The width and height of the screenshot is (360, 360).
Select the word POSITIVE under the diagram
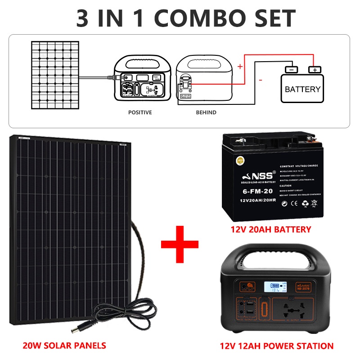(x=140, y=112)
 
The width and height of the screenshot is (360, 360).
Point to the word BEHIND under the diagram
(x=206, y=112)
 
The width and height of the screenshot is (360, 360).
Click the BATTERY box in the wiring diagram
(x=302, y=89)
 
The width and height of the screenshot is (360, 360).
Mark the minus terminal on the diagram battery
(x=291, y=70)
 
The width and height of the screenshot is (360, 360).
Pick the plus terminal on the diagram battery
(x=315, y=70)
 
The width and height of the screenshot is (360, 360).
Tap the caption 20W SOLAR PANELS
(x=64, y=346)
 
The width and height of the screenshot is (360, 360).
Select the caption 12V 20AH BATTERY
(x=271, y=229)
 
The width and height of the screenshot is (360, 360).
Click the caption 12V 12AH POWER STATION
(x=277, y=346)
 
